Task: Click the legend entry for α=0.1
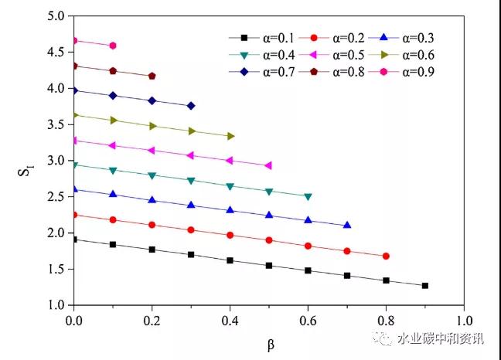click(x=263, y=37)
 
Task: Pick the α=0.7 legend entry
click(x=263, y=72)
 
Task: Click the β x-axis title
click(x=271, y=345)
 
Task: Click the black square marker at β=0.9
click(x=424, y=286)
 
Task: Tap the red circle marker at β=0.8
click(x=386, y=256)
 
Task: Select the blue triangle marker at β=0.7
click(x=346, y=225)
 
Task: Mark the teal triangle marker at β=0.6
click(x=308, y=196)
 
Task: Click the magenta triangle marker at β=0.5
click(x=268, y=165)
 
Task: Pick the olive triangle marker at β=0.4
click(x=230, y=136)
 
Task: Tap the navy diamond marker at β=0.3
click(x=191, y=105)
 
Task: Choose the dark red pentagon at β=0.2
click(x=152, y=76)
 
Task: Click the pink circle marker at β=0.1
click(x=113, y=46)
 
